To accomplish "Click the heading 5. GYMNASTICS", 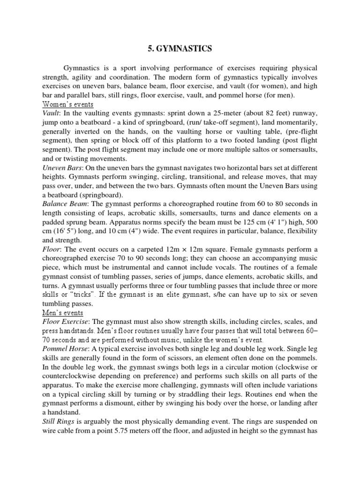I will click(x=180, y=48).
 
